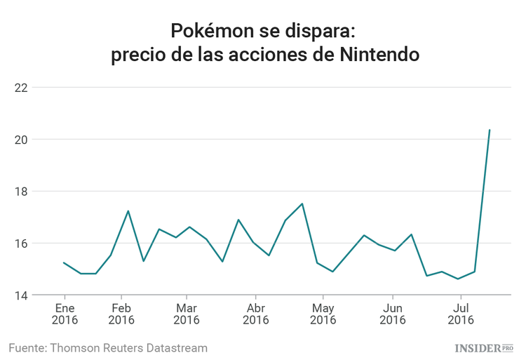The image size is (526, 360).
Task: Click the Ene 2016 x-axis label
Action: (65, 314)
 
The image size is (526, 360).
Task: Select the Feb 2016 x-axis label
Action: (122, 314)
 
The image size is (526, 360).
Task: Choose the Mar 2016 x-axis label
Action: (186, 314)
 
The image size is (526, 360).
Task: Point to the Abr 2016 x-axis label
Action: (257, 314)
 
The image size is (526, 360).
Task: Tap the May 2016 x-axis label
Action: (323, 314)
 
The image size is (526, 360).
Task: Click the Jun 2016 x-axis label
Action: (393, 314)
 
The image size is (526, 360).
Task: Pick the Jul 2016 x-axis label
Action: (461, 314)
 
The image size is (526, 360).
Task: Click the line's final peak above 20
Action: (489, 130)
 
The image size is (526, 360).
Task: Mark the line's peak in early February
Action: (128, 211)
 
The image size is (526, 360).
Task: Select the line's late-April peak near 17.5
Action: (302, 204)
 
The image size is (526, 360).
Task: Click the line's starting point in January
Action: (64, 262)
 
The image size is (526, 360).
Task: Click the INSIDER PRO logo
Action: (485, 347)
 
